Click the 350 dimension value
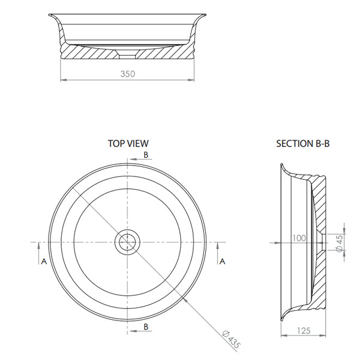(x=127, y=74)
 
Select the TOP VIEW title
(x=128, y=143)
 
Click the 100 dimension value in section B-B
(x=299, y=238)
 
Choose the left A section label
(x=43, y=261)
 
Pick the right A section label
(x=222, y=261)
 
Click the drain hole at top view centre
(x=128, y=242)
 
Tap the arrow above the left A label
(x=39, y=247)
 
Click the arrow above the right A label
(x=217, y=247)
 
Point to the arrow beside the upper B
(x=134, y=160)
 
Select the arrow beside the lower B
(x=134, y=323)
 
